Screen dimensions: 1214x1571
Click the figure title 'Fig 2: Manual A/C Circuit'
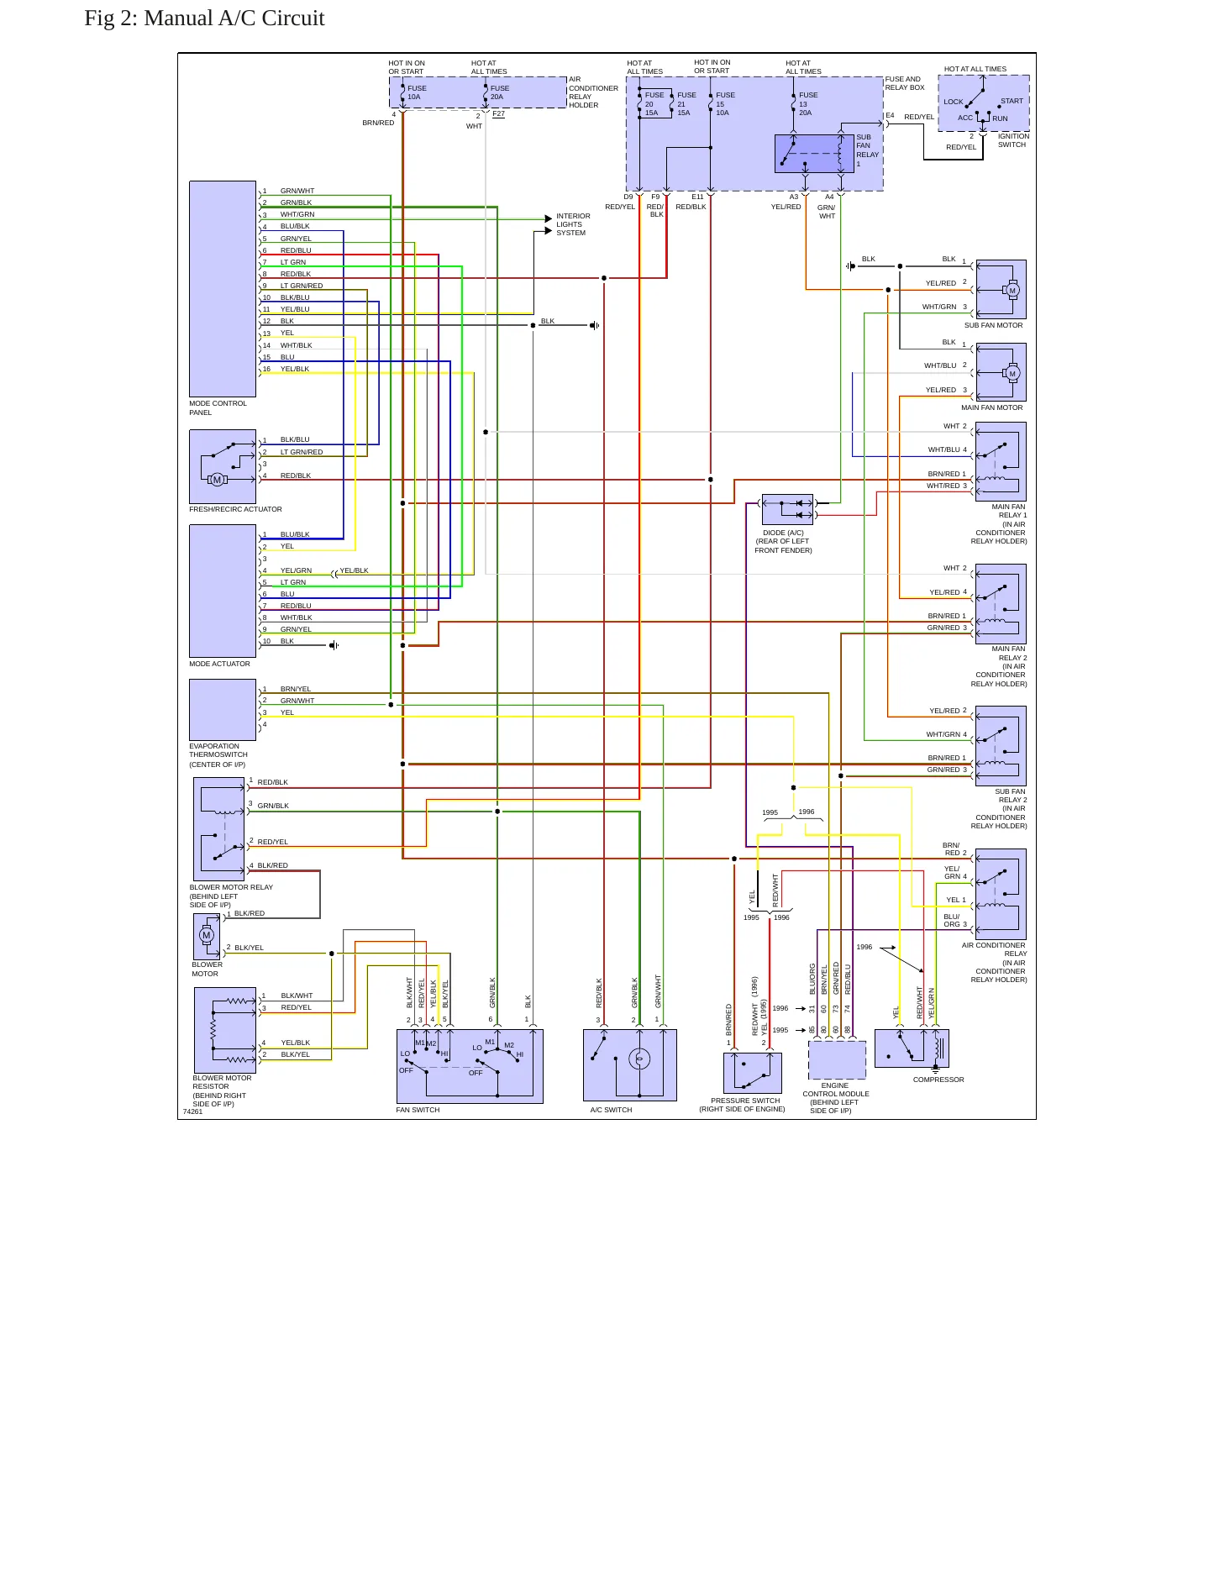pyautogui.click(x=204, y=18)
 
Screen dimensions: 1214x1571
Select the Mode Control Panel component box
pyautogui.click(x=223, y=289)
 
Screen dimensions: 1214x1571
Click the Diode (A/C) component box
pyautogui.click(x=788, y=509)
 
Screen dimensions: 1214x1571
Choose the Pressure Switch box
pyautogui.click(x=753, y=1073)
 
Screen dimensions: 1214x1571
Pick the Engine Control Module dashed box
pyautogui.click(x=838, y=1060)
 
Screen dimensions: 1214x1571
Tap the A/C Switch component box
pyautogui.click(x=630, y=1065)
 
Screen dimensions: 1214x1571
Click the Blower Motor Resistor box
pyautogui.click(x=225, y=1030)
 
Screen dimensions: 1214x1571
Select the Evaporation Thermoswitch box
pyautogui.click(x=223, y=710)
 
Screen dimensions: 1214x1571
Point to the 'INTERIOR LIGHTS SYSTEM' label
pyautogui.click(x=573, y=224)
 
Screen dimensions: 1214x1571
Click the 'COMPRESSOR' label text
pyautogui.click(x=938, y=1080)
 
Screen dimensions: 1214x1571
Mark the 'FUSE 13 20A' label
pyautogui.click(x=807, y=104)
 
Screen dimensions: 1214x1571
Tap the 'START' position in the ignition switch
pyautogui.click(x=1012, y=101)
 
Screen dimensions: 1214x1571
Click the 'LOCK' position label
pyautogui.click(x=954, y=102)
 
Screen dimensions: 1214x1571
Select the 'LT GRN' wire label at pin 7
pyautogui.click(x=293, y=262)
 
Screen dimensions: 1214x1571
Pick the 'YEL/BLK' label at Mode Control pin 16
pyautogui.click(x=295, y=369)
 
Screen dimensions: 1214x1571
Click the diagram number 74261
pyautogui.click(x=192, y=1111)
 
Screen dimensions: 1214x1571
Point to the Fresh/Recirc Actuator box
pyautogui.click(x=223, y=467)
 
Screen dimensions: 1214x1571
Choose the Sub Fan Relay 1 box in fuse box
pyautogui.click(x=814, y=154)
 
